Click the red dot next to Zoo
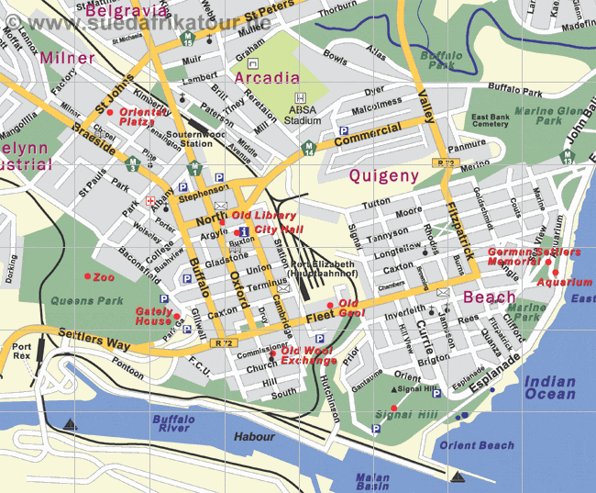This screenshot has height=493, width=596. (x=87, y=276)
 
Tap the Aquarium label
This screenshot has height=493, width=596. (x=565, y=283)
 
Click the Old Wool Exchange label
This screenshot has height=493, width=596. (x=309, y=356)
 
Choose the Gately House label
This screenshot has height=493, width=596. (x=154, y=316)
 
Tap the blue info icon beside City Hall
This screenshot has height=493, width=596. (x=243, y=230)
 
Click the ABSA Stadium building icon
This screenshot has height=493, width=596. (x=299, y=98)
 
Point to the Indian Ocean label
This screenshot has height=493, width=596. (x=550, y=387)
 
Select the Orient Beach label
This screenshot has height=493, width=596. (x=483, y=445)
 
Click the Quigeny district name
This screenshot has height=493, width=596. (x=384, y=175)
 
